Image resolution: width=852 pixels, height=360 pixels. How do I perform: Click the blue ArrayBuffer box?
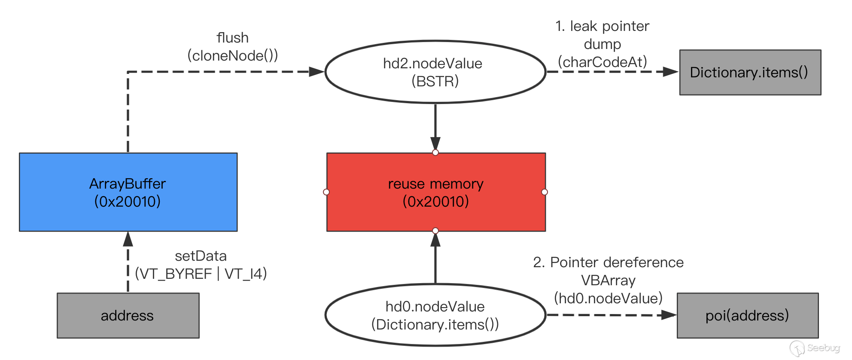128,192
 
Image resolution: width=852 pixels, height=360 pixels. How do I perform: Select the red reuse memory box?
436,192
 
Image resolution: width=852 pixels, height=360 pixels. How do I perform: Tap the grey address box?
128,315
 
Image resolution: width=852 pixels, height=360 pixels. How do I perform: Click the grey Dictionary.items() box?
750,72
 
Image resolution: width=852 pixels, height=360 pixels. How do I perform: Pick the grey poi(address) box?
748,315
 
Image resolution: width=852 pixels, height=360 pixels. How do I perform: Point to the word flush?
233,38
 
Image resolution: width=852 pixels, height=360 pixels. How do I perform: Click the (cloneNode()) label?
233,55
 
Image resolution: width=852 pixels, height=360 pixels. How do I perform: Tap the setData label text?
201,256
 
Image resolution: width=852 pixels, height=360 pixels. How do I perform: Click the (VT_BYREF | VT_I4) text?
201,274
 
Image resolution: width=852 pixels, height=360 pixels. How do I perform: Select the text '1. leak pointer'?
602,26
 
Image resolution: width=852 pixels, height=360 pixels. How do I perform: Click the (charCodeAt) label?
602,62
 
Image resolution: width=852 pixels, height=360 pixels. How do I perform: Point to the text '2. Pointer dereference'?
608,262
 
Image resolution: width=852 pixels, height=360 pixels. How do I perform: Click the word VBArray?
608,280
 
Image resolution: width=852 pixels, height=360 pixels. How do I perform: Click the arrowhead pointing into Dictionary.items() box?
671,72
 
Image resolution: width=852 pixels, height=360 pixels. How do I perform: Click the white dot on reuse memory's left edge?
326,192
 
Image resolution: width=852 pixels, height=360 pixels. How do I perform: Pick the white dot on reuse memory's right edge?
545,192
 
